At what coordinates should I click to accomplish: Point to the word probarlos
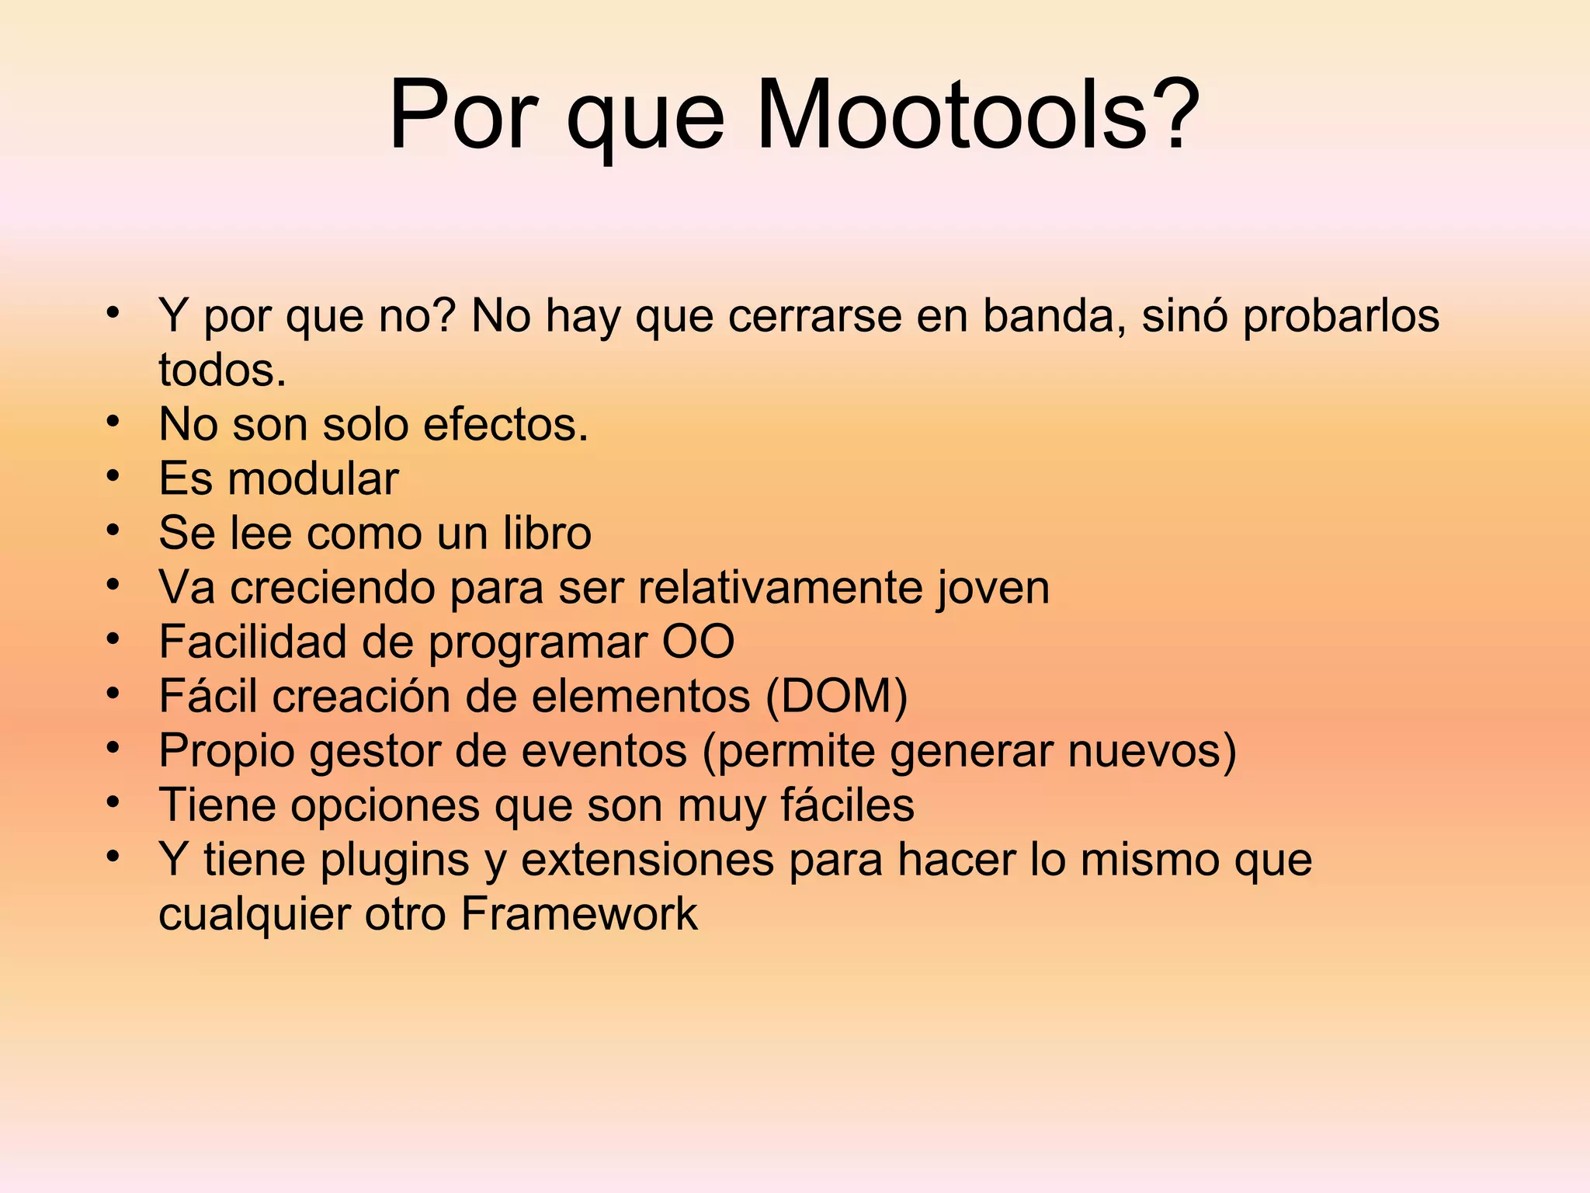pos(1341,316)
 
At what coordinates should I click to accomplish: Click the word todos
pos(222,370)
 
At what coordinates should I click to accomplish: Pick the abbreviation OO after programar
pos(698,642)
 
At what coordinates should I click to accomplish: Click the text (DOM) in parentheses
pos(836,697)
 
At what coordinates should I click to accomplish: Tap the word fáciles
pos(847,805)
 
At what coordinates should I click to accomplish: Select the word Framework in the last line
pos(579,914)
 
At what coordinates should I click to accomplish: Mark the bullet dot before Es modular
pos(113,475)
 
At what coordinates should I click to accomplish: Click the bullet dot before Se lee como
pos(113,530)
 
